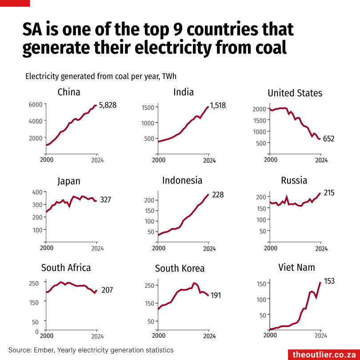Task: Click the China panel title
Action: [x=69, y=92]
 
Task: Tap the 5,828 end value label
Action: [x=109, y=105]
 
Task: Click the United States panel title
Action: [x=295, y=93]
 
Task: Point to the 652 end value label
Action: [x=328, y=139]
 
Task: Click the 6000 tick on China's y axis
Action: [x=36, y=104]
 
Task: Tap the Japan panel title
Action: [x=69, y=181]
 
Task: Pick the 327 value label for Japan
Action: [x=105, y=200]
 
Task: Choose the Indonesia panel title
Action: [x=182, y=180]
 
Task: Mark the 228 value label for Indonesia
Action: [x=218, y=195]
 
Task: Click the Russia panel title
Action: [x=294, y=180]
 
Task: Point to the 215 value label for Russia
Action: [x=329, y=193]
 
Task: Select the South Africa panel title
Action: [x=66, y=268]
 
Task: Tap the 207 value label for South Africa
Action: [x=107, y=290]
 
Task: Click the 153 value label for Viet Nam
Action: [x=329, y=281]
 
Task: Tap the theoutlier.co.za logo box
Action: [x=324, y=354]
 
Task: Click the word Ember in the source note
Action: [x=41, y=350]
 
